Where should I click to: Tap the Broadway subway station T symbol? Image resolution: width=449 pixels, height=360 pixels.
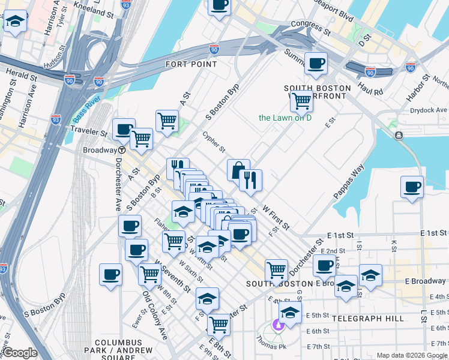[121, 150]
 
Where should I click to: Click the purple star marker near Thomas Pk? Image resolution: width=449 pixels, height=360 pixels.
[277, 325]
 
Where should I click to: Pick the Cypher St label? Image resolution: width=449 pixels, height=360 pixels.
[213, 142]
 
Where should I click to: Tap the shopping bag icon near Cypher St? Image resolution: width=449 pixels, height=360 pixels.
[238, 170]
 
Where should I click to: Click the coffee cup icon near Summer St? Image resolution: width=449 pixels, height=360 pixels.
[316, 64]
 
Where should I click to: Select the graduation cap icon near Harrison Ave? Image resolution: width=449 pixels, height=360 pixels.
[14, 22]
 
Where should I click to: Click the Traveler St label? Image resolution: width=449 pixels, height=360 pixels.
[88, 130]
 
